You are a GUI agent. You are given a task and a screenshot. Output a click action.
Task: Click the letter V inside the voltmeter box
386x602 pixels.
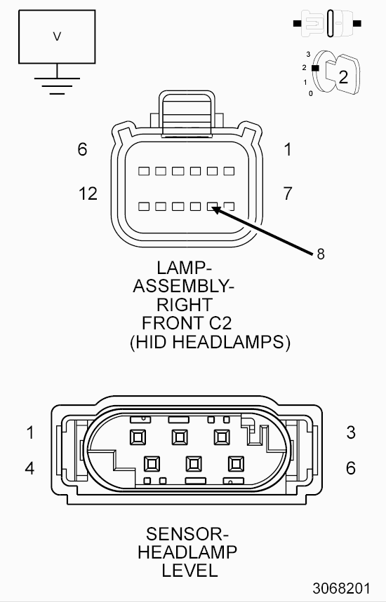(x=57, y=36)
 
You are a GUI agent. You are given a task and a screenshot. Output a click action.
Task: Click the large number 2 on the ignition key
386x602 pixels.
(x=343, y=77)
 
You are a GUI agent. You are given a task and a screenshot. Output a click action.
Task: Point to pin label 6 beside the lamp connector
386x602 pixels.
(x=82, y=149)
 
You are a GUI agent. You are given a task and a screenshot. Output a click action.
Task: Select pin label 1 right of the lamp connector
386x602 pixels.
(x=288, y=149)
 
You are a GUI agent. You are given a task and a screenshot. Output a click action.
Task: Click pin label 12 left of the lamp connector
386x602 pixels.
(x=88, y=193)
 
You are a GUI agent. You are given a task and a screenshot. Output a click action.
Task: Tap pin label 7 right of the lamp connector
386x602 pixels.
(x=288, y=193)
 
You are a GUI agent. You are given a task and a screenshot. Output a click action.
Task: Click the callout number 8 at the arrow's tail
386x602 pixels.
(x=320, y=254)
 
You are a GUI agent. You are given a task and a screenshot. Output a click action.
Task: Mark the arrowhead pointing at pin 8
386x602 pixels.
(x=215, y=210)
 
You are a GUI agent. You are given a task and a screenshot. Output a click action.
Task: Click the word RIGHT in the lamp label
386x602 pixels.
(x=184, y=305)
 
